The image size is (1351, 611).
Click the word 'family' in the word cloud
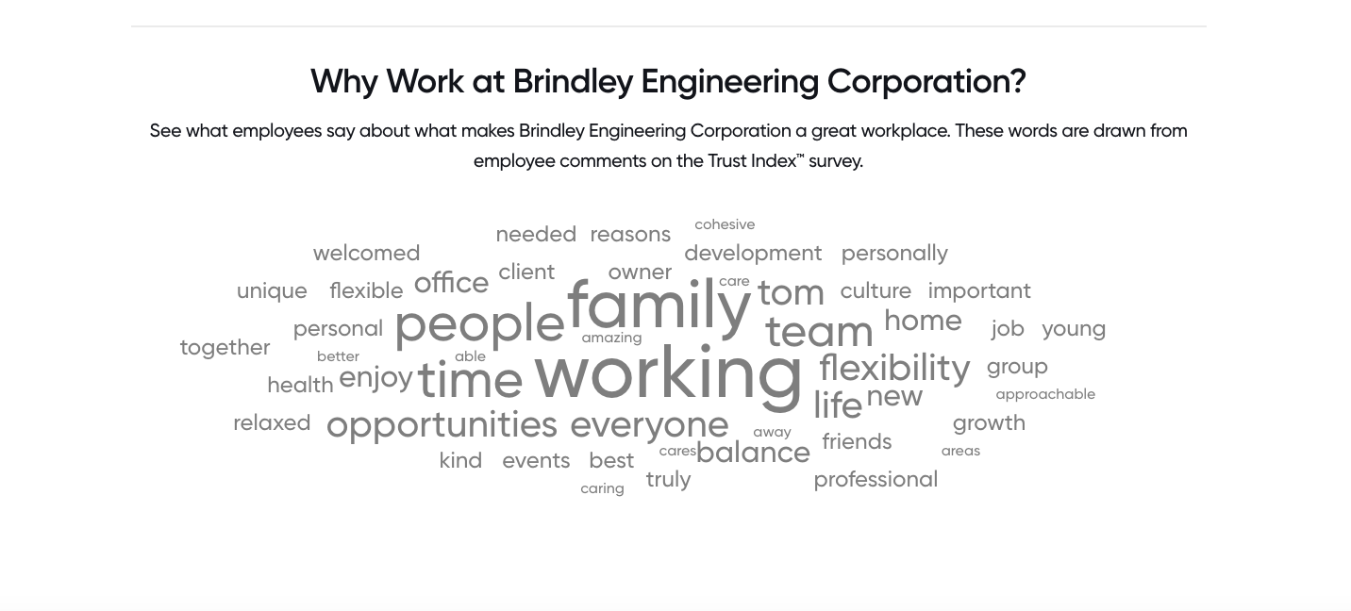(x=659, y=308)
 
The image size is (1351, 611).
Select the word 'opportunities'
(x=442, y=426)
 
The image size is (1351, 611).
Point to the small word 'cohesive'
(x=725, y=224)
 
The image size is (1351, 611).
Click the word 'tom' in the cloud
(x=791, y=293)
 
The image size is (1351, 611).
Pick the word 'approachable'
(x=1045, y=395)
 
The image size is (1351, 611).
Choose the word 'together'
(x=225, y=348)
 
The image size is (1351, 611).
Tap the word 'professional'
(x=876, y=480)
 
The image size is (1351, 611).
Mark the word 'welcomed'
(x=366, y=253)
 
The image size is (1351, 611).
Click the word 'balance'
(x=753, y=453)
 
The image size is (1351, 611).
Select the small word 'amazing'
(x=611, y=339)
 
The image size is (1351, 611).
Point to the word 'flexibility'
(x=894, y=369)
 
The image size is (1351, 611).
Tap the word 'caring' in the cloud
(x=602, y=488)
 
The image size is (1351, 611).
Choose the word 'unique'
(x=272, y=291)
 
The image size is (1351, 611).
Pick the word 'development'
(x=753, y=254)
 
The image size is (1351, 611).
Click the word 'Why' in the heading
(x=343, y=81)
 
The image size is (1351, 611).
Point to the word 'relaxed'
(x=272, y=423)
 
